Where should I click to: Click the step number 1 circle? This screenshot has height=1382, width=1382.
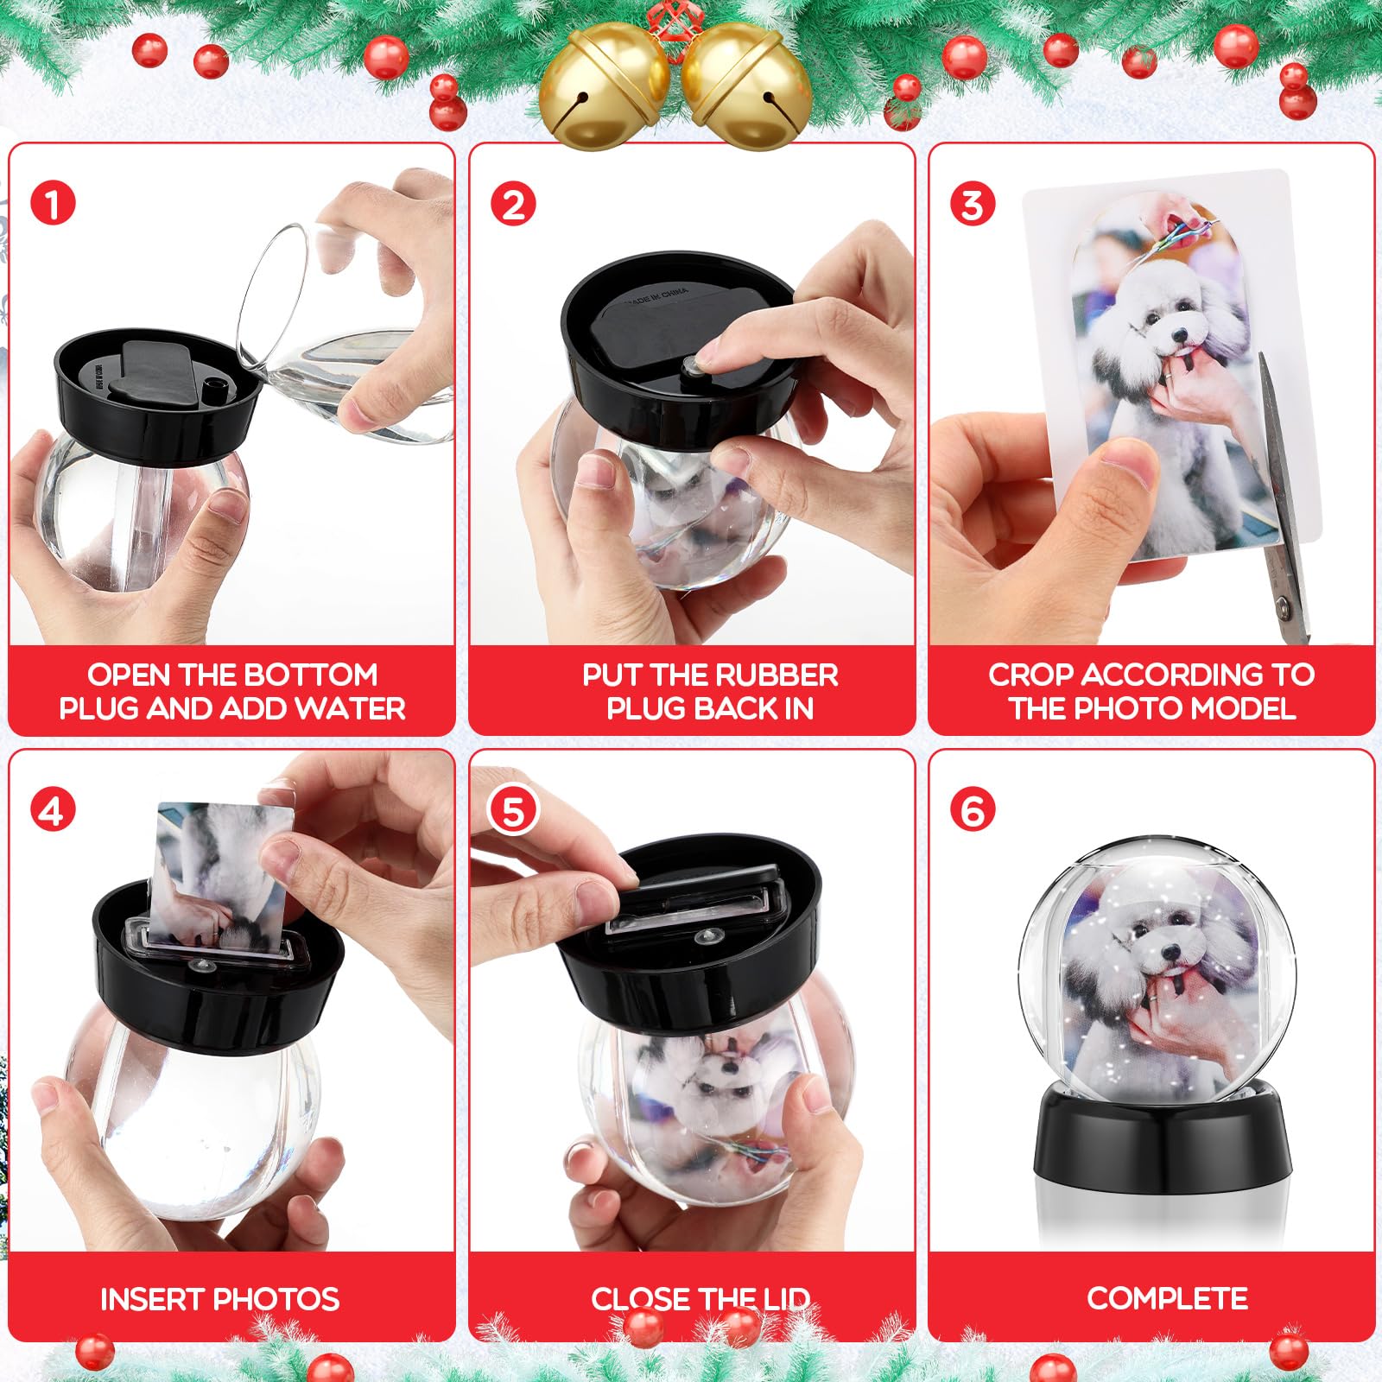[x=53, y=205]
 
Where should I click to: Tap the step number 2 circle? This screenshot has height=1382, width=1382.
[x=513, y=205]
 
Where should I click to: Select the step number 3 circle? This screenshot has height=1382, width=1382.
[x=973, y=205]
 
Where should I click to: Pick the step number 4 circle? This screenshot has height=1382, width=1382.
[x=53, y=811]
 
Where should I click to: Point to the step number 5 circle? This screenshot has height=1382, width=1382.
[x=513, y=811]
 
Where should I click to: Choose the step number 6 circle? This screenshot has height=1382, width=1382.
[x=973, y=811]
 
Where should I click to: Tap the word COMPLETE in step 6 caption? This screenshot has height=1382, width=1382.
[x=1167, y=1298]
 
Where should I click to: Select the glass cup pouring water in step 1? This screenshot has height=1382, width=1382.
[x=345, y=328]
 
